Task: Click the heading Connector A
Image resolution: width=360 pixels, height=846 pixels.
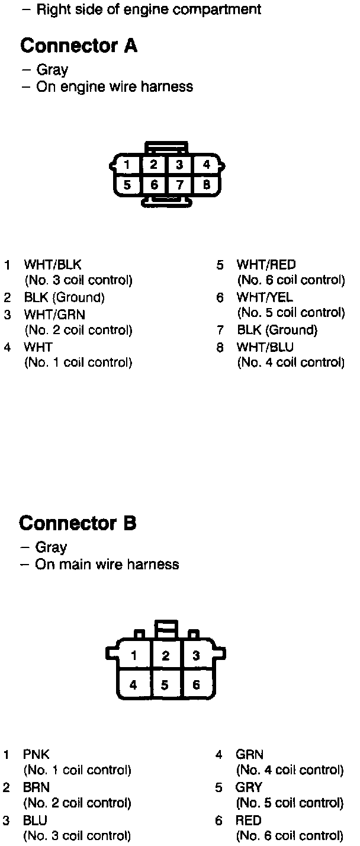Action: coord(79,46)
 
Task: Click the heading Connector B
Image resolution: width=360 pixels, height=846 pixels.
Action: coord(78,523)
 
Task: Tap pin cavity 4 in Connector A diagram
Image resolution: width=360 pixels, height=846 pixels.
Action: coord(206,165)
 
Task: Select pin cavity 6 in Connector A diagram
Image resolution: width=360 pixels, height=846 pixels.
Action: coord(154,185)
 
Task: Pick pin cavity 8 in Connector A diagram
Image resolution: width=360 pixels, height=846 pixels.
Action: coord(206,185)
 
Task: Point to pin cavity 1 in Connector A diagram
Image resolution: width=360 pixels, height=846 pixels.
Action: coord(127,165)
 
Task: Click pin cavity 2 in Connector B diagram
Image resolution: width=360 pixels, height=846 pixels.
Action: coord(166,655)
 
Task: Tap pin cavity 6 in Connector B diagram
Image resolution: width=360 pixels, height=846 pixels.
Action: coord(197,685)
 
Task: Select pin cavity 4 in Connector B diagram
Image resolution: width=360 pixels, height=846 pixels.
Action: coord(134,685)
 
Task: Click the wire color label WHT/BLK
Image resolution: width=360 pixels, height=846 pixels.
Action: coord(52,265)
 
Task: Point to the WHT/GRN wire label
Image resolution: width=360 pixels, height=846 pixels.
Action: coord(54,315)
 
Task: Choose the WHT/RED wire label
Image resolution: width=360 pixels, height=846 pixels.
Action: coord(266,265)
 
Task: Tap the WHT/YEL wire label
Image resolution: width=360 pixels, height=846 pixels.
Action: coord(265,297)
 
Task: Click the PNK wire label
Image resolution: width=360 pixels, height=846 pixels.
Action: coord(36,755)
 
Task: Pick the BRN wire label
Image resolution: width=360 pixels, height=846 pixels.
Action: coord(36,787)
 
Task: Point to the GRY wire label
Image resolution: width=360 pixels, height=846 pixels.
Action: coord(249,787)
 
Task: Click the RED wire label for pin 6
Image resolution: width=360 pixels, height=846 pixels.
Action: coord(249,821)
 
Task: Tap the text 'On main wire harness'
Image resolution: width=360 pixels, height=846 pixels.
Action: coord(107,564)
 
